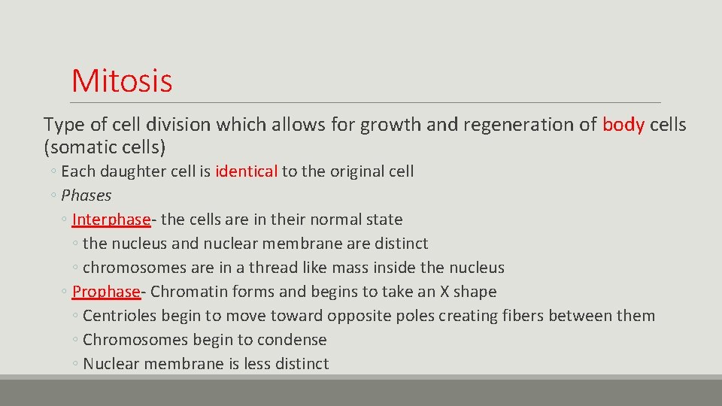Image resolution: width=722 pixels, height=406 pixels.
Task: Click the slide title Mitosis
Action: [x=122, y=80]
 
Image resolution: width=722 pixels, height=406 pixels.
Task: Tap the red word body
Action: [x=623, y=125]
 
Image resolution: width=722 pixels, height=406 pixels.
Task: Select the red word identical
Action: [x=247, y=171]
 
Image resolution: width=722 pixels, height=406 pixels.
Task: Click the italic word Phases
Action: [x=86, y=195]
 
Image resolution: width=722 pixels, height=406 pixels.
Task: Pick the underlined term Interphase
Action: [x=111, y=220]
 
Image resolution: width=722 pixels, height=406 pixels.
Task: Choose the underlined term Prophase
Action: [x=106, y=292]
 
